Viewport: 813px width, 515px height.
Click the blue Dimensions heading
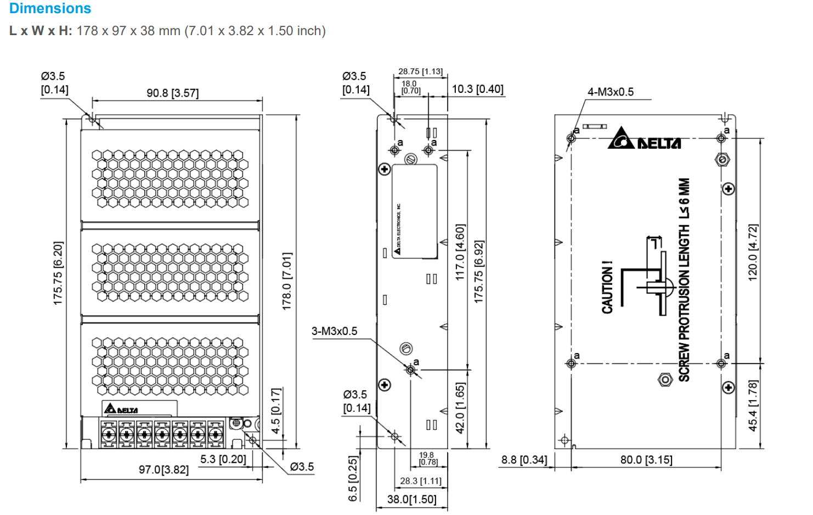(50, 8)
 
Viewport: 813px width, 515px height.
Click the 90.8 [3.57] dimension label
(172, 93)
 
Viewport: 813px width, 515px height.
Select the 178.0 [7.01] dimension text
(286, 282)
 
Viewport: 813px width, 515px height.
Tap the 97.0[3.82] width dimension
(163, 470)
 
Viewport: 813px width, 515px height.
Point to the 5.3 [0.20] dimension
(223, 459)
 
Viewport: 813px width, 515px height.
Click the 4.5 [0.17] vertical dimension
(276, 411)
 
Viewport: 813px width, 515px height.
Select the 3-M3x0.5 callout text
(334, 331)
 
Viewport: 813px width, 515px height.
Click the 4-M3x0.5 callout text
(610, 92)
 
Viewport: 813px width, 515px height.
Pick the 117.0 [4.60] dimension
(460, 252)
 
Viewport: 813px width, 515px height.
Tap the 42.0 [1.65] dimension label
(460, 407)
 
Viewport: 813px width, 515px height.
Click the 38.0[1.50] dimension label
(411, 499)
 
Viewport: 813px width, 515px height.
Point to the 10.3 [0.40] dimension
(477, 89)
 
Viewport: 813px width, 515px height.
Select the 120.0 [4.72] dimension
(753, 252)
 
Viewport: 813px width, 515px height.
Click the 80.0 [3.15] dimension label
(646, 460)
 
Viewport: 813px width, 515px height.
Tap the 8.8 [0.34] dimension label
(524, 460)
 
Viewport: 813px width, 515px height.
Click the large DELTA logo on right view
(645, 139)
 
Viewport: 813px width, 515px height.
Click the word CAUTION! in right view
(607, 287)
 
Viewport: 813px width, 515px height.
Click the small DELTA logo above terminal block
(121, 409)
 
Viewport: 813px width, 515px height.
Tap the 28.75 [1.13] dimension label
(420, 71)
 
